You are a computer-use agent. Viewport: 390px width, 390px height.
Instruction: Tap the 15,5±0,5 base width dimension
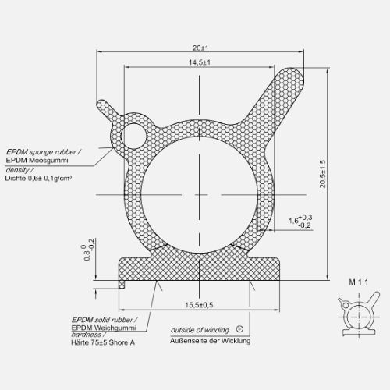click(x=199, y=304)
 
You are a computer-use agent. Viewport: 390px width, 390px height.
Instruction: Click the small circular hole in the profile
click(x=139, y=136)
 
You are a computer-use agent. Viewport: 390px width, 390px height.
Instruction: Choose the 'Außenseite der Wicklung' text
click(x=211, y=340)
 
